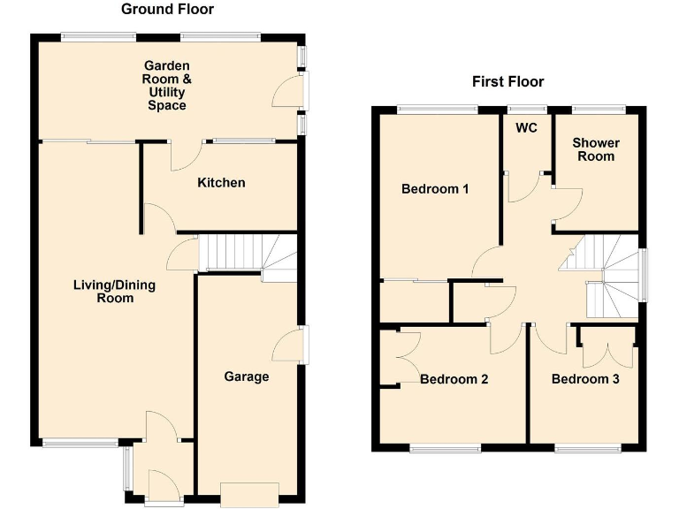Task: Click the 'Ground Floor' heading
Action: coord(167,10)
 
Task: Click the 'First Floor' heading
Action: coord(507,82)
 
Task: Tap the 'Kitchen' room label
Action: coord(221,183)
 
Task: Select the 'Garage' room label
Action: coord(246,377)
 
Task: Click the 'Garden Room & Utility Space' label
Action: coord(167,86)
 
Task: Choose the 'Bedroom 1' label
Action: coord(435,189)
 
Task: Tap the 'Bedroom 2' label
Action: coord(454,379)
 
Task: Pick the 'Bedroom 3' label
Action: coord(585,379)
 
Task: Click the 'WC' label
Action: coord(527,127)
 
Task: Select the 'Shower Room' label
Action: coord(595,149)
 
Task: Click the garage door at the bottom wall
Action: coord(249,494)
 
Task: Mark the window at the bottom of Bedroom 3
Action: coord(584,448)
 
